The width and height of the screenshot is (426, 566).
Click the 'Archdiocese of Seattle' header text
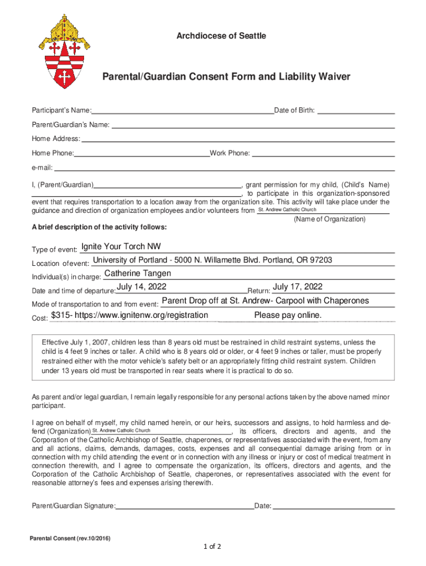tap(221, 36)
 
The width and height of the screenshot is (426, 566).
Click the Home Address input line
tap(238, 139)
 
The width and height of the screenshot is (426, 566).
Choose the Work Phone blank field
tap(323, 153)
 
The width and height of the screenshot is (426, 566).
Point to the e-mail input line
tap(224, 167)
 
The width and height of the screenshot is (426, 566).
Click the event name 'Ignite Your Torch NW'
tap(121, 247)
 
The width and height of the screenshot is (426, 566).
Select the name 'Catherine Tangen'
tap(138, 274)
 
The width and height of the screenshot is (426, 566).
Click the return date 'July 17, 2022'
tap(298, 286)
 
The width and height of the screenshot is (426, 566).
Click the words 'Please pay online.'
tap(288, 316)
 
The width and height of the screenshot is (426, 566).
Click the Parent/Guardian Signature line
tap(185, 505)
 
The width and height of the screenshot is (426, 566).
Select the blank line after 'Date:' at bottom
tap(334, 505)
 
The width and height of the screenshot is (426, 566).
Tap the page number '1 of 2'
tap(212, 547)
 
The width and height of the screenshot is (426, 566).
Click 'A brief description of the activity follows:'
tap(99, 227)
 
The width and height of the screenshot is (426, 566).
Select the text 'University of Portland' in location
tap(130, 260)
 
